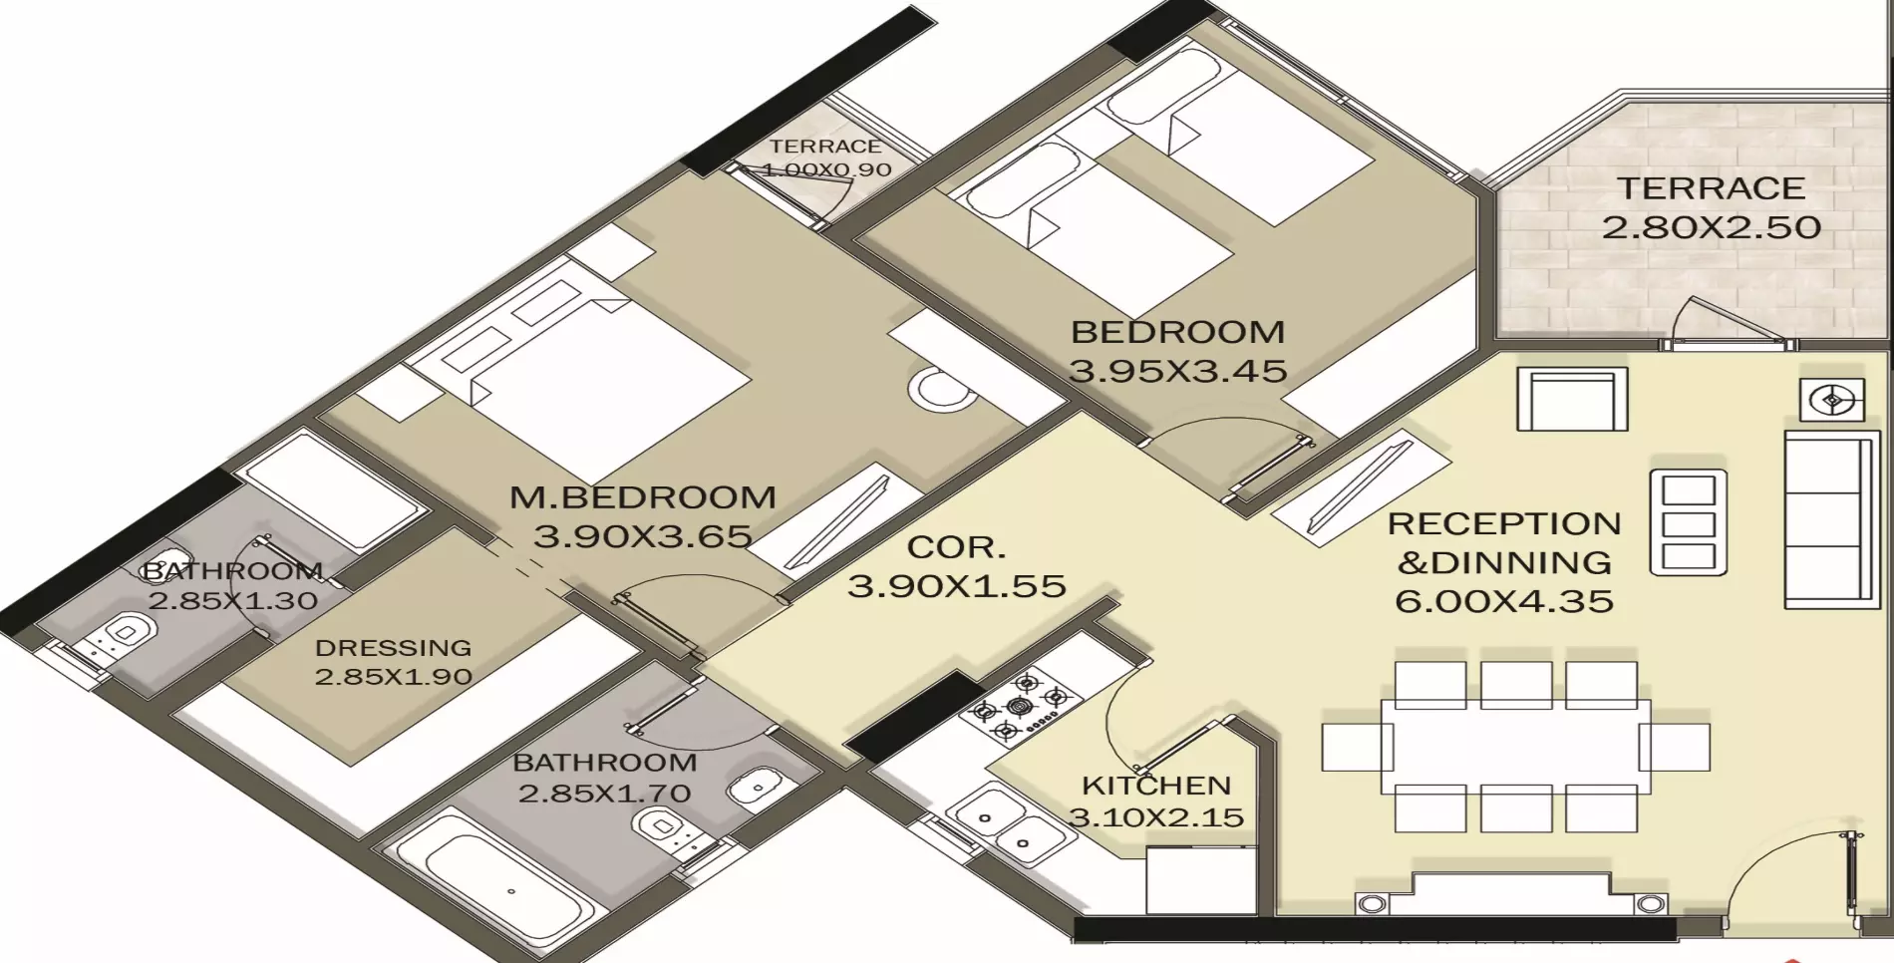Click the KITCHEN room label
pos(1156,786)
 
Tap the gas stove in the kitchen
pos(1020,706)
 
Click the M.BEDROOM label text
pos(643,497)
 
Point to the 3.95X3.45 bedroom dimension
pos(1178,371)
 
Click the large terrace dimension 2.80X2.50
pos(1712,227)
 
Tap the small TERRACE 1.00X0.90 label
pos(825,158)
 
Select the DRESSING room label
pos(393,648)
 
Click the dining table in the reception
pos(1515,746)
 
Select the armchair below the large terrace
pos(1572,399)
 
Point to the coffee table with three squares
pos(1689,522)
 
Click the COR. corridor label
pos(956,547)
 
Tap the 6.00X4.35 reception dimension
pos(1504,601)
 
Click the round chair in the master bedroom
pos(940,390)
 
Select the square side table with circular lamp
pos(1832,401)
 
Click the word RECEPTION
pos(1504,523)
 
